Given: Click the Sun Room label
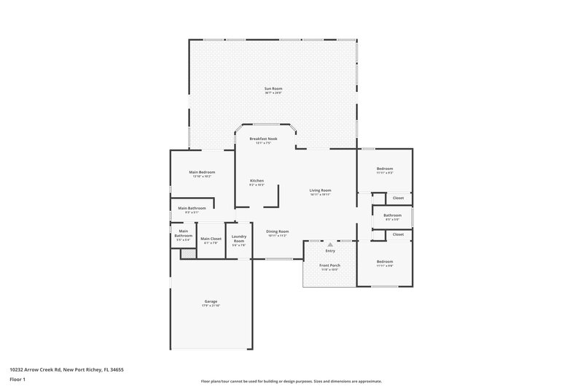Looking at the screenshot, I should (273, 89).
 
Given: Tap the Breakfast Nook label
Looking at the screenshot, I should (263, 139).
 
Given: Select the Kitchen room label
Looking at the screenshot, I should (257, 181).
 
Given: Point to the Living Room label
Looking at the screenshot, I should (320, 190).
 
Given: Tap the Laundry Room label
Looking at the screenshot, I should (238, 238).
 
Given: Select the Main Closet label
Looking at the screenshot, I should (211, 239).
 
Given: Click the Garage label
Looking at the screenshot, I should (211, 301).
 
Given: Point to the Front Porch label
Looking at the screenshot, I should (329, 265).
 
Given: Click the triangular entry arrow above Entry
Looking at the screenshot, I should (329, 244).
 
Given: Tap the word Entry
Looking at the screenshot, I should (329, 251).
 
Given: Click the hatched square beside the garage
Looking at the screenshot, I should (188, 253).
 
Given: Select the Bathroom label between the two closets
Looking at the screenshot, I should (393, 215).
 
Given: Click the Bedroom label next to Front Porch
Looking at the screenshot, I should (384, 262).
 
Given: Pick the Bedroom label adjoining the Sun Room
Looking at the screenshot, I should (384, 169).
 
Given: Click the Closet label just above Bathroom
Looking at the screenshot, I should (398, 198).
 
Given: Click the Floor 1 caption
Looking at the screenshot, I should (17, 380).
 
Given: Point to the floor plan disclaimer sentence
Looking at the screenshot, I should (291, 381).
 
